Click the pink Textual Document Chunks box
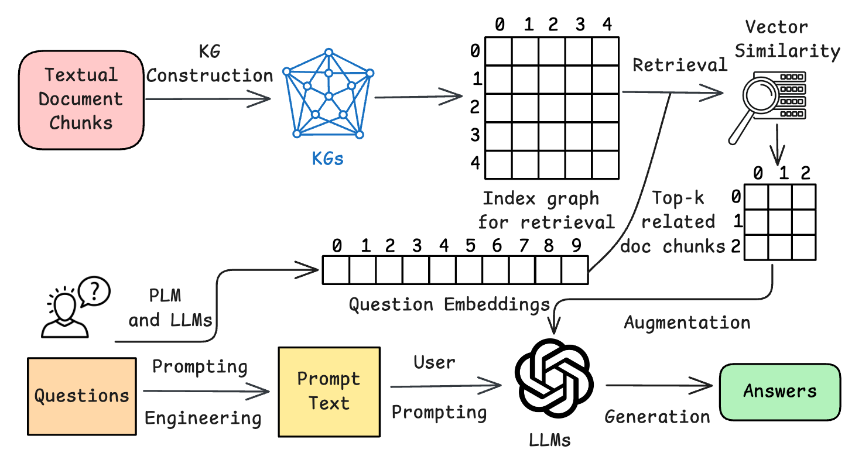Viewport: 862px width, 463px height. [81, 99]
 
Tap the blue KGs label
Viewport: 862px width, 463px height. [328, 159]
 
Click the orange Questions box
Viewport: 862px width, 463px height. [81, 396]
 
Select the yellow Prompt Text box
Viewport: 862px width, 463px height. [329, 390]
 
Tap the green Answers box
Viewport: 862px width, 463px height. [779, 392]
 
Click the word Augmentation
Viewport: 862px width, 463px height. [687, 323]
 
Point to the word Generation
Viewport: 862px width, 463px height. [657, 417]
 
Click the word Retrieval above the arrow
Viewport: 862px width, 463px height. [679, 65]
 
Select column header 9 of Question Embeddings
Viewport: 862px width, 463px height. [575, 246]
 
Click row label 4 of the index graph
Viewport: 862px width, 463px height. [476, 163]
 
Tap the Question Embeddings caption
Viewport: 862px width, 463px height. [449, 304]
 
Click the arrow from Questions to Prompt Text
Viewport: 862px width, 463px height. [206, 392]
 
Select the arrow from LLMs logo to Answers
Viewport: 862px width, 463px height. [658, 386]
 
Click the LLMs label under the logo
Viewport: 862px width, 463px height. [549, 440]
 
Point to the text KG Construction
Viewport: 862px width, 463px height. [210, 64]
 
